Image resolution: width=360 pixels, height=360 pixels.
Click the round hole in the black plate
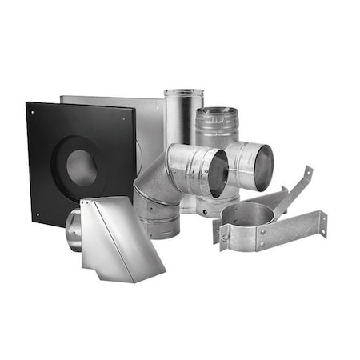tap(82, 166)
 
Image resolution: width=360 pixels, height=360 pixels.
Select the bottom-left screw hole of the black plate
tap(36, 214)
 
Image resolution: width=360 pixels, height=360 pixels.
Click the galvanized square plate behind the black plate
tap(148, 128)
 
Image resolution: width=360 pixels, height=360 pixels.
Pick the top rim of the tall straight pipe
tap(184, 93)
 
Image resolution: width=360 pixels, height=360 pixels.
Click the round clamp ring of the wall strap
tap(248, 216)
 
